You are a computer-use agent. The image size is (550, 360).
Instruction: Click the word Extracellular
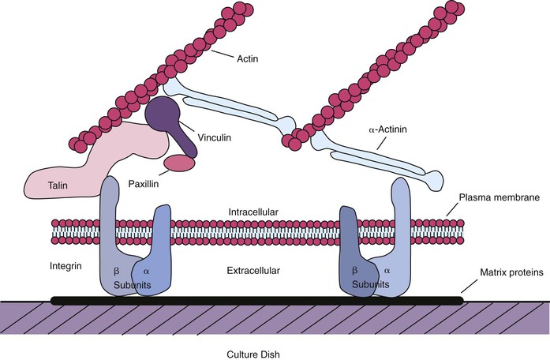click(x=264, y=271)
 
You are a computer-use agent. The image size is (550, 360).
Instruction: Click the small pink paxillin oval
click(x=178, y=163)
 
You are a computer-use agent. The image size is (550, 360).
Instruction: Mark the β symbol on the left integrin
click(x=117, y=271)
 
